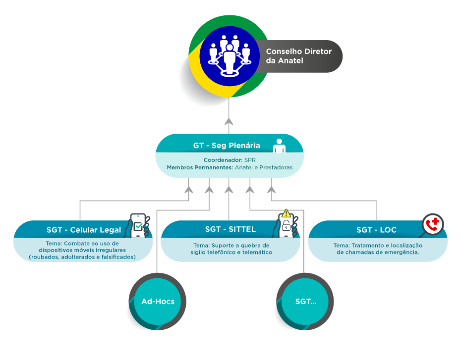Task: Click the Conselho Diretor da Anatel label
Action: click(x=298, y=56)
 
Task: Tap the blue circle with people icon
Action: click(x=229, y=56)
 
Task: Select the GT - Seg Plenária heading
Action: click(x=226, y=146)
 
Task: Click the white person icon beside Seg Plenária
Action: click(x=280, y=145)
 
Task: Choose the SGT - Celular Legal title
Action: click(x=84, y=230)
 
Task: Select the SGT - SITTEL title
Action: click(x=230, y=229)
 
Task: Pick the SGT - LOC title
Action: click(x=376, y=230)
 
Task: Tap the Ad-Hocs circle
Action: click(x=158, y=301)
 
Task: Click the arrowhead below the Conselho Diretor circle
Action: click(x=229, y=122)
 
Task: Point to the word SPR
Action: click(x=250, y=160)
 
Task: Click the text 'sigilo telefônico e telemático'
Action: click(x=231, y=253)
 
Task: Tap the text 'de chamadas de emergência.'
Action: click(x=378, y=253)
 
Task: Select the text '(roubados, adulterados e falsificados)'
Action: click(x=82, y=257)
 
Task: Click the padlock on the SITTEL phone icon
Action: click(x=286, y=226)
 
